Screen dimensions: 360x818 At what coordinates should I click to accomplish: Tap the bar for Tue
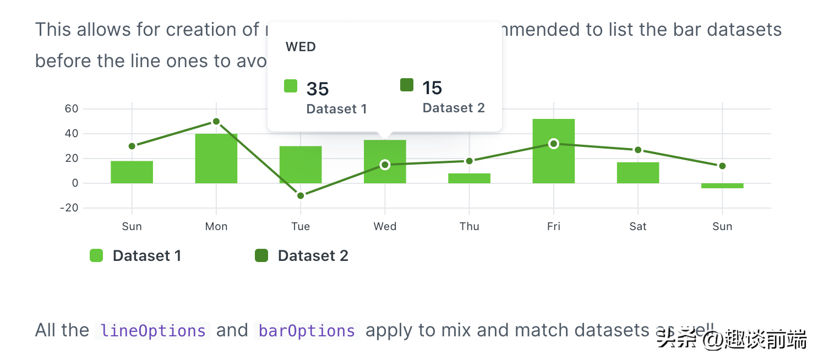[x=301, y=165]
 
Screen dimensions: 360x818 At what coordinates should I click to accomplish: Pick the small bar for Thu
[x=469, y=178]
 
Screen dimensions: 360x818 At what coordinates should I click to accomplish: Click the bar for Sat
[x=637, y=173]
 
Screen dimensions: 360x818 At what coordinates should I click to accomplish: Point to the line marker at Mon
[x=216, y=122]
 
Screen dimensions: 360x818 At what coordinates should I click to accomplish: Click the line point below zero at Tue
[x=301, y=195]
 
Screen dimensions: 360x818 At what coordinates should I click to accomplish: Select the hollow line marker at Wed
[x=385, y=165]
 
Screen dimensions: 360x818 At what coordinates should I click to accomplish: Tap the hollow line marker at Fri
[x=554, y=144]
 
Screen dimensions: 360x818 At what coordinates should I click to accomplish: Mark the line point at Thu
[x=469, y=161]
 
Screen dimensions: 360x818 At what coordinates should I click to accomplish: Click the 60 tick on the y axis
[x=72, y=108]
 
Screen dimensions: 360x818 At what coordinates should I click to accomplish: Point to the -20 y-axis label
[x=70, y=208]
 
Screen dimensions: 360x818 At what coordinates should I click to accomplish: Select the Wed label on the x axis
[x=385, y=226]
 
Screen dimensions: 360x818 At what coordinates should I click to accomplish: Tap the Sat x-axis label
[x=637, y=226]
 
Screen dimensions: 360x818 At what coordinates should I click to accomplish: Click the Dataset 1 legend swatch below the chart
[x=96, y=255]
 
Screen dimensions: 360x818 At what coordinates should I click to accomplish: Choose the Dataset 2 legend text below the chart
[x=313, y=255]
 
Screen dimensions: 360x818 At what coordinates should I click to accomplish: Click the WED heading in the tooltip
[x=301, y=47]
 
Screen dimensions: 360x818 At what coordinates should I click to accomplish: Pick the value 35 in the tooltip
[x=318, y=89]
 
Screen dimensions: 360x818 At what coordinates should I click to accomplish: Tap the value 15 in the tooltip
[x=432, y=88]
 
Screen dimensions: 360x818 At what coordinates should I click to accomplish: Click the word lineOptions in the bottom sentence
[x=154, y=331]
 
